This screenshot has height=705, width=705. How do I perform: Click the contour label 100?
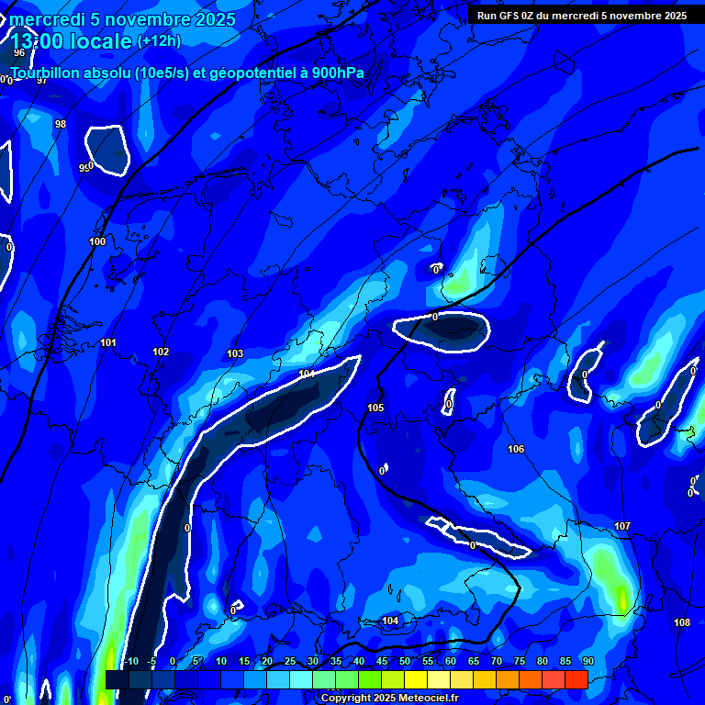coord(97,241)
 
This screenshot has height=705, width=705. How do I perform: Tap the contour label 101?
coord(108,342)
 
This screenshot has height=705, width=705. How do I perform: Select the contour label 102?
coord(161,352)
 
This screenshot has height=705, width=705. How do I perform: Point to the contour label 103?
coord(235,353)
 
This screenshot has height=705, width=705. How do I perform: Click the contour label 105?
coord(375,408)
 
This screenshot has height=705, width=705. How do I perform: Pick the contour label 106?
coord(516,449)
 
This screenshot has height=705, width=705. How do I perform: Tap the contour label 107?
coord(622,526)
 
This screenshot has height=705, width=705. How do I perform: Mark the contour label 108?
coord(682,622)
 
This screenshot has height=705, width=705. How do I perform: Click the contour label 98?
coord(61,124)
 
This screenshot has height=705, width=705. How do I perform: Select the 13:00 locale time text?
coord(72,41)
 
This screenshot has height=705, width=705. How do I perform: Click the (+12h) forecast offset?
coord(159,41)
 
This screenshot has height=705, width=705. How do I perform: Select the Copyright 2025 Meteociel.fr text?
coord(390,698)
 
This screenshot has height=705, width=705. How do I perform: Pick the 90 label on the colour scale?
coord(587,662)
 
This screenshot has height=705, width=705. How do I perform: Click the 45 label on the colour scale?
coord(381,662)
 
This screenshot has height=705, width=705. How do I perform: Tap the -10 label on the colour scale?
coord(131,662)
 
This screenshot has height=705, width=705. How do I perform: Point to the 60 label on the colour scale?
coord(450,662)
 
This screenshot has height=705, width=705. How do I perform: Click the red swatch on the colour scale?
coord(576,679)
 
